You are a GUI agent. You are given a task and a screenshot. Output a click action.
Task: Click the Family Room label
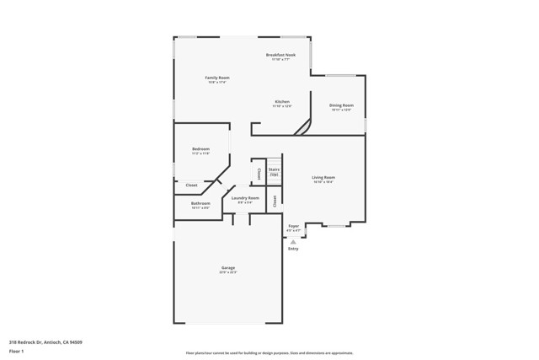(x=217, y=78)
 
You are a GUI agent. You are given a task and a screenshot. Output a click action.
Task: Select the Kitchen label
(x=281, y=101)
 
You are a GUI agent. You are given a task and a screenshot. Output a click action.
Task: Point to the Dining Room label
(x=341, y=105)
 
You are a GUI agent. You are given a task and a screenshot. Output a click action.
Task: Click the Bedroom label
(x=200, y=149)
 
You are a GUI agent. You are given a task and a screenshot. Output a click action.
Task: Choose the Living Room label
(x=323, y=177)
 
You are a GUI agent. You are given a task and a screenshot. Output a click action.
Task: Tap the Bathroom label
(x=200, y=203)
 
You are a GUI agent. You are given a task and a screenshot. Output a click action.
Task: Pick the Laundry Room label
(x=246, y=198)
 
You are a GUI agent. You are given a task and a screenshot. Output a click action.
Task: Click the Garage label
(x=228, y=268)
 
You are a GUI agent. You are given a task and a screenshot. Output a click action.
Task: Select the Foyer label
(x=294, y=226)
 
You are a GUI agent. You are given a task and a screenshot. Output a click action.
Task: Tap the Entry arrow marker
(x=293, y=242)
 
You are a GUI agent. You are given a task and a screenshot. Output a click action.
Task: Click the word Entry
(x=293, y=249)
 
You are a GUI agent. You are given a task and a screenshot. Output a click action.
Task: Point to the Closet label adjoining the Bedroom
(x=191, y=185)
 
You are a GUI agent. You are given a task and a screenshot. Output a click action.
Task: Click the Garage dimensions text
(x=228, y=273)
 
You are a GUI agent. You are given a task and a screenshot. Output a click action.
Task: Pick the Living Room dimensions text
(x=323, y=182)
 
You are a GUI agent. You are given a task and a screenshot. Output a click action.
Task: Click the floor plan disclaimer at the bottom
(x=269, y=353)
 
